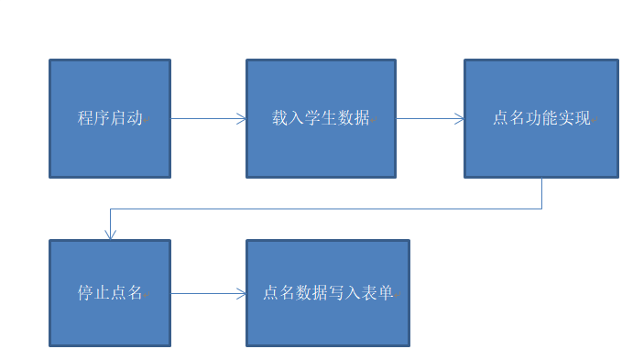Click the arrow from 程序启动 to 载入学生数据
[x=206, y=118]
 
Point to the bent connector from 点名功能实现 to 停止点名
[x=321, y=209]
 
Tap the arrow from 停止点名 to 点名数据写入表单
[x=206, y=294]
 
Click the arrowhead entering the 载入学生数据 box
[x=242, y=118]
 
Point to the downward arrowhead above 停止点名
[x=110, y=235]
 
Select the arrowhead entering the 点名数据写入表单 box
[x=242, y=294]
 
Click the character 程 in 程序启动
[x=85, y=118]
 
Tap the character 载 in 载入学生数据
[x=280, y=118]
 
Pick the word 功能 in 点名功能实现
[x=541, y=118]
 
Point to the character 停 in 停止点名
[x=85, y=294]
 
